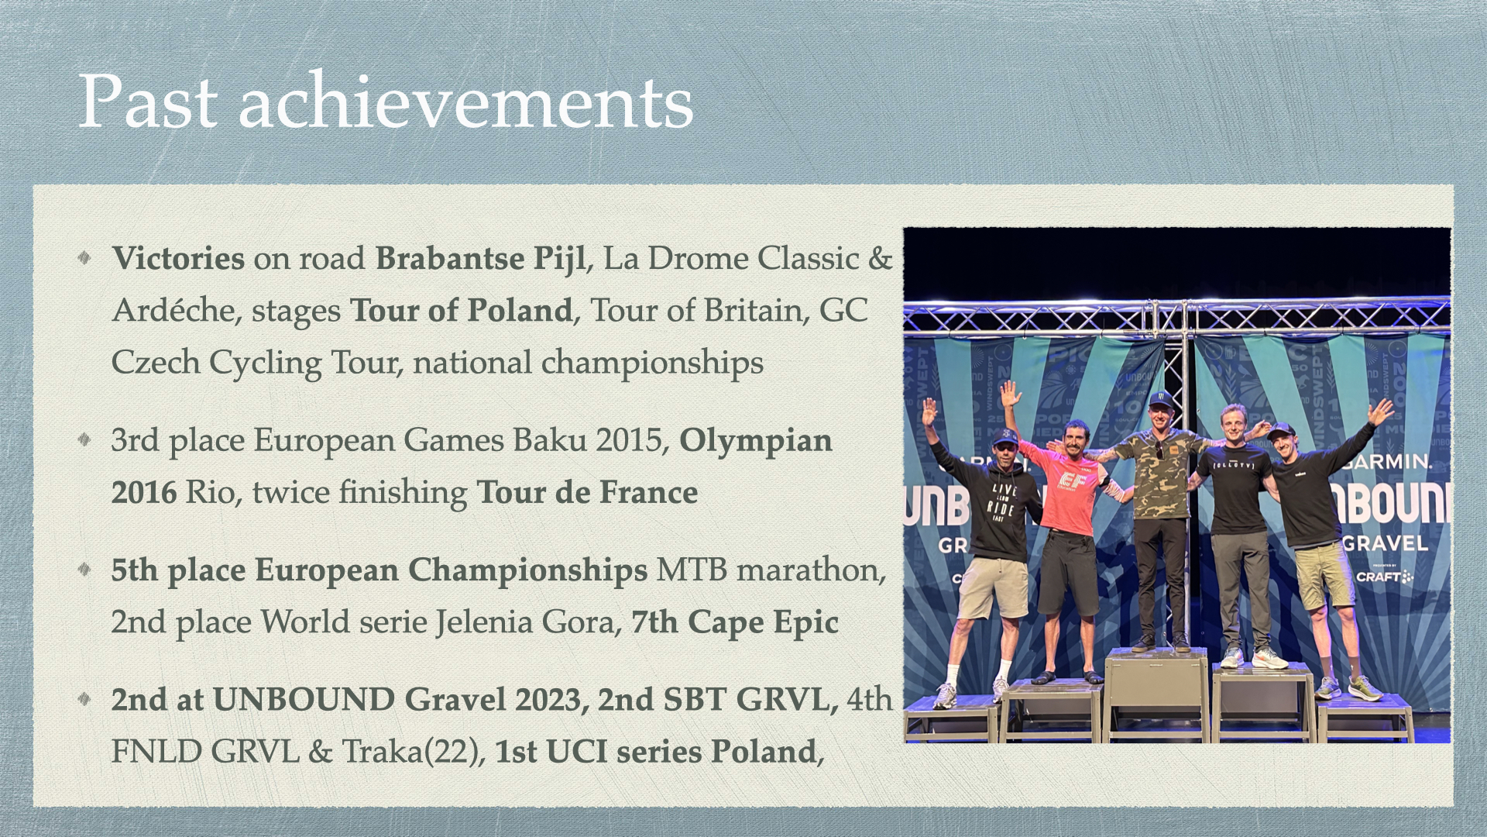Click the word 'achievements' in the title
(x=465, y=102)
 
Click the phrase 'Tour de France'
(x=587, y=493)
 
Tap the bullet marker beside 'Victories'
(x=84, y=257)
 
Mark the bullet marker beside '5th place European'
(x=84, y=570)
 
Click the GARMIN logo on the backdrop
(x=1388, y=462)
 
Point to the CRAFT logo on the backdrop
(x=1383, y=577)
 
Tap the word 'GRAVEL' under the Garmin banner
(x=1385, y=543)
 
